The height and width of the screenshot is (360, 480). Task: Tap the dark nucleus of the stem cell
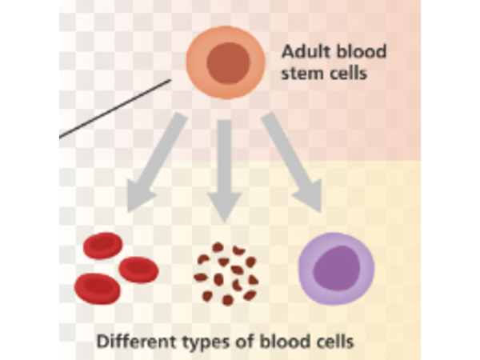228,62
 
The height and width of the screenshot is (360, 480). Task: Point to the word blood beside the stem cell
360,53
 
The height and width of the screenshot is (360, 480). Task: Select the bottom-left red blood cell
97,288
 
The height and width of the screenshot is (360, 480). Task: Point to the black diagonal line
116,108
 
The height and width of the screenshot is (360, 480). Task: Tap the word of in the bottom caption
241,341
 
